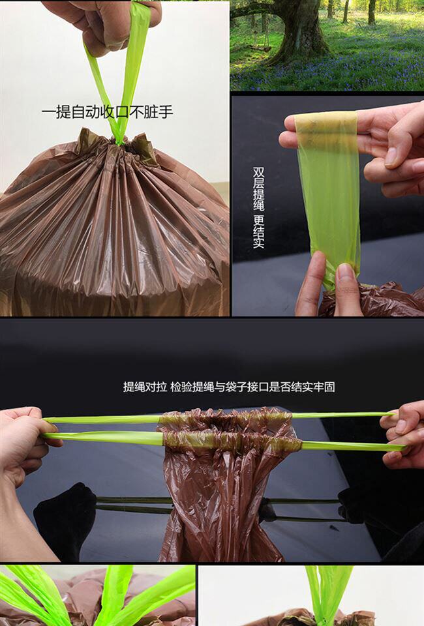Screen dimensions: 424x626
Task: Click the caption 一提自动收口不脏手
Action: tap(108, 112)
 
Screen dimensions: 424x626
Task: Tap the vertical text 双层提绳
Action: tap(258, 189)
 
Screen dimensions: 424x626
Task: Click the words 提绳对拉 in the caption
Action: tap(145, 387)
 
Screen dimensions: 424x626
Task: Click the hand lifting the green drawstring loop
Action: tap(104, 24)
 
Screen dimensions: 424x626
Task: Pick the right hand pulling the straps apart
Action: tap(403, 435)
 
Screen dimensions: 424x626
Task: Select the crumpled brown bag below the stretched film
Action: tap(371, 299)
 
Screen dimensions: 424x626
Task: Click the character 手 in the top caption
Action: tap(166, 112)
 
